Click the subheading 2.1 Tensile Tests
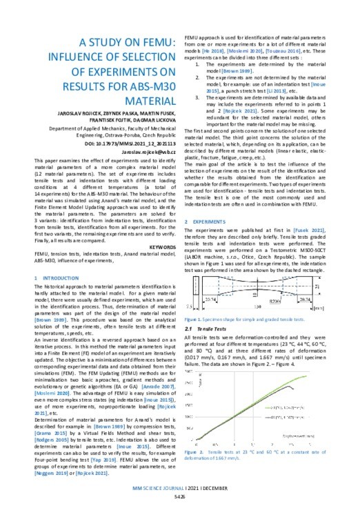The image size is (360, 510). click(210, 331)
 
